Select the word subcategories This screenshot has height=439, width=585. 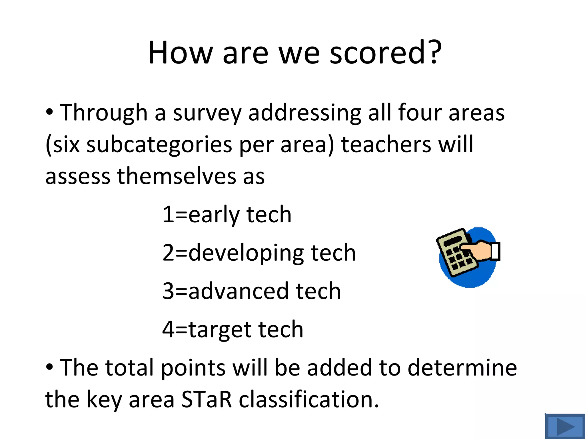(159, 145)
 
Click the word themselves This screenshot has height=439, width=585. (177, 176)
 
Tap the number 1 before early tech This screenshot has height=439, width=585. (168, 214)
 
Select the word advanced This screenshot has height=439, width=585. (239, 291)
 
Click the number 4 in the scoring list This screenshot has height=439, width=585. (168, 329)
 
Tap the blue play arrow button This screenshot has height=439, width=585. (565, 427)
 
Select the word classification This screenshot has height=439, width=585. (308, 399)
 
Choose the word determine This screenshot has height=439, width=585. (462, 368)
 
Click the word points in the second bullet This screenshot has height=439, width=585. (193, 368)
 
